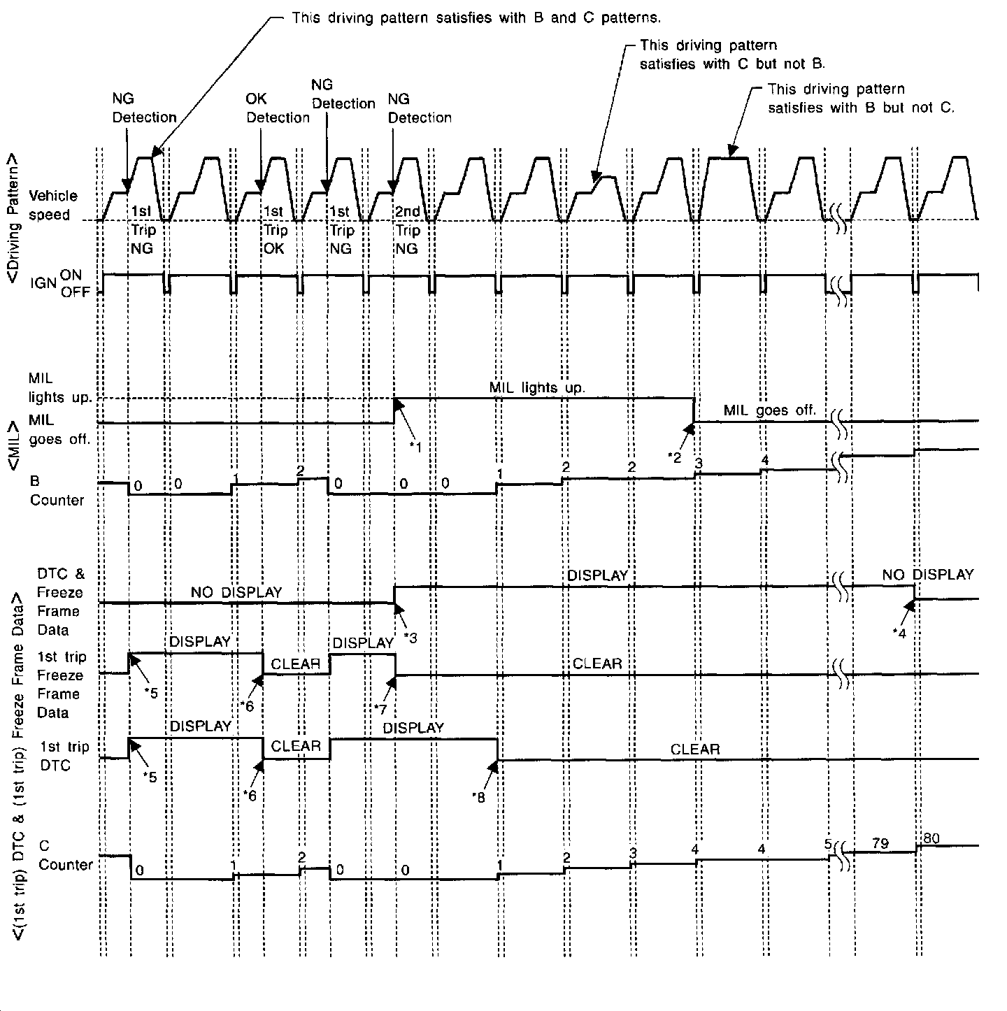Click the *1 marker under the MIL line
(x=415, y=447)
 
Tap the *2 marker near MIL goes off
(x=675, y=457)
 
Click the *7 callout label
(x=380, y=710)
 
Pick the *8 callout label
(x=478, y=796)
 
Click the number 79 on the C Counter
(x=880, y=843)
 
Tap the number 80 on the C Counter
(x=931, y=838)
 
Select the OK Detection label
(x=277, y=108)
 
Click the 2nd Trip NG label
(x=408, y=230)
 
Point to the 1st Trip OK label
(x=273, y=230)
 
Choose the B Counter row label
(x=56, y=491)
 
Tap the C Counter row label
(x=65, y=856)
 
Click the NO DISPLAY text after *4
(x=927, y=575)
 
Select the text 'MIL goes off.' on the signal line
(x=769, y=410)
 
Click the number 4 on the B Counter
(x=764, y=460)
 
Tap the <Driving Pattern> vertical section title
(x=14, y=219)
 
